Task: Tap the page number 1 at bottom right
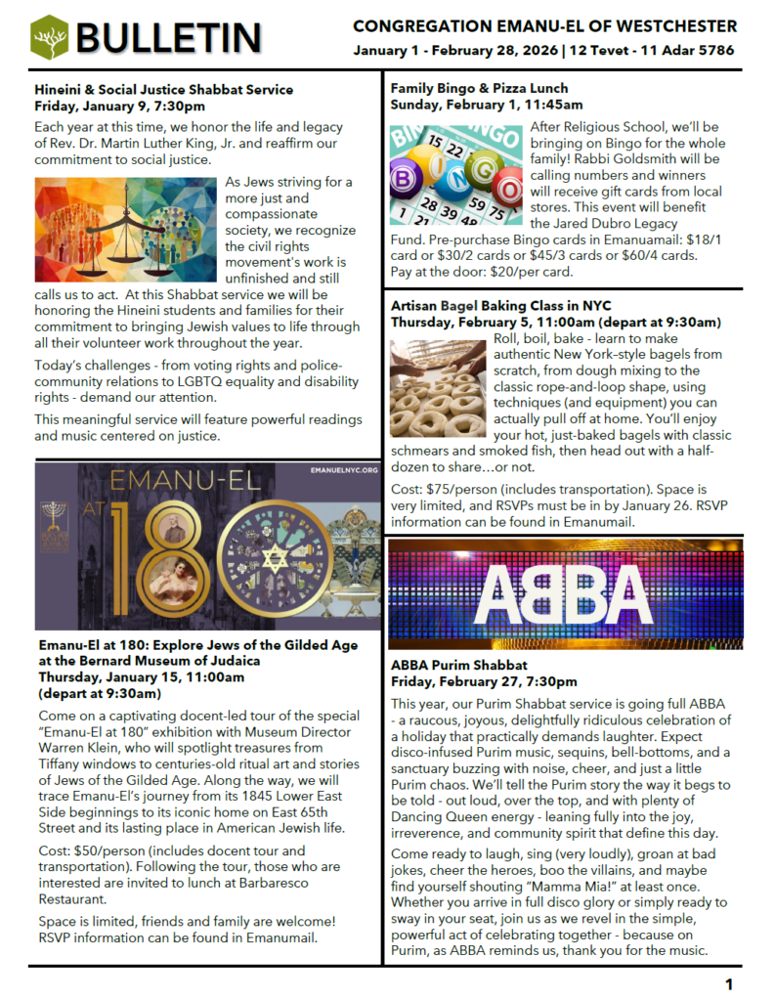(729, 983)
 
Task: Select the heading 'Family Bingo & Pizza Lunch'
(479, 88)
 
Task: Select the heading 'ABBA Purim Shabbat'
(460, 666)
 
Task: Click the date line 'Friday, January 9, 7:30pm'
(119, 105)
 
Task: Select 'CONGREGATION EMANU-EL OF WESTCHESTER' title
(544, 25)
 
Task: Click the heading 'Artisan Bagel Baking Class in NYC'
(501, 306)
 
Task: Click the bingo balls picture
(455, 172)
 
